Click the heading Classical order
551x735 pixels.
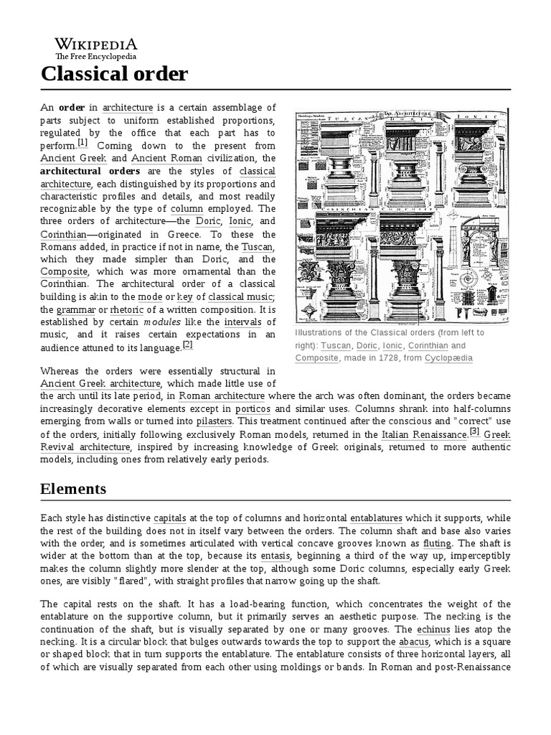coord(115,73)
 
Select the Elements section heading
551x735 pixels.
coord(73,489)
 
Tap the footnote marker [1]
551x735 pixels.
coord(83,142)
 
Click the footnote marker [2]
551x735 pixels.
coord(188,344)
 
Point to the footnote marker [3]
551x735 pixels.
coord(474,431)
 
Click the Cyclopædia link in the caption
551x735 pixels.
coord(448,358)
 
